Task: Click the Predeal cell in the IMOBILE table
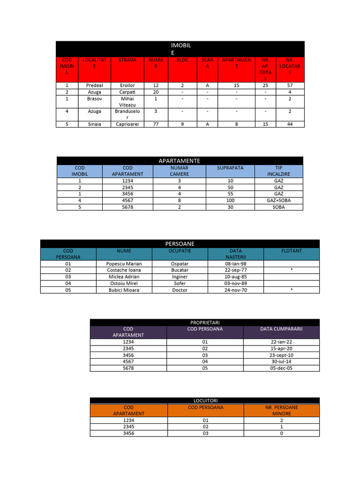[94, 86]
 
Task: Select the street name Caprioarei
[127, 124]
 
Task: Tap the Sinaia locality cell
[94, 124]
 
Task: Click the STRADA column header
[127, 60]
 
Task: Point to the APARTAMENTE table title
[179, 161]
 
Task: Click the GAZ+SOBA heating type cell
[278, 200]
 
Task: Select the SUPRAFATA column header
[230, 168]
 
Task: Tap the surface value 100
[230, 200]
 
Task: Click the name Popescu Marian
[124, 263]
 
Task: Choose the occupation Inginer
[180, 277]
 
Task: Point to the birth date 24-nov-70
[235, 290]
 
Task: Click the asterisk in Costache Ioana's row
[291, 270]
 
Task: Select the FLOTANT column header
[291, 251]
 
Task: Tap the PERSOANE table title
[180, 244]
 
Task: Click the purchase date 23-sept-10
[281, 355]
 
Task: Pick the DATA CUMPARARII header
[281, 329]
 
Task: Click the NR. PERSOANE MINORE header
[281, 411]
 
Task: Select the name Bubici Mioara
[124, 290]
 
